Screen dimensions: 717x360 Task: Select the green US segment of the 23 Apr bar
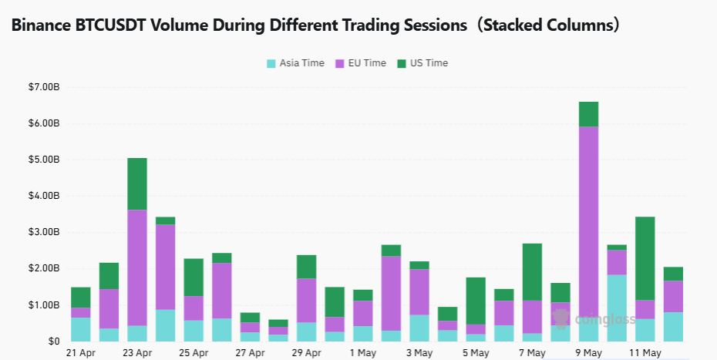coord(137,184)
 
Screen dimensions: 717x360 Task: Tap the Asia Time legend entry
coord(295,63)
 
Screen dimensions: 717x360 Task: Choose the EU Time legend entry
coord(361,63)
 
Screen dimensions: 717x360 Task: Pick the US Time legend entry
coord(422,63)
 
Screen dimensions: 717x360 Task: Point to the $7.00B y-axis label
coord(43,87)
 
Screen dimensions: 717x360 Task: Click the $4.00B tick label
coord(43,196)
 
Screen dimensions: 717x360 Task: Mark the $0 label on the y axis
coord(54,341)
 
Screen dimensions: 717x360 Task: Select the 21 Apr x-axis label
coord(80,353)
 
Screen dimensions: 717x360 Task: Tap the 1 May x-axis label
coord(362,353)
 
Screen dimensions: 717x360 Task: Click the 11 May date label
coord(645,353)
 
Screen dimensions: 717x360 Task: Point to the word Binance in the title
coord(41,25)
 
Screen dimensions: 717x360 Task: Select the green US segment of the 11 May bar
coord(645,258)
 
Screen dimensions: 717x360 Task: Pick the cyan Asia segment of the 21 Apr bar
coord(80,329)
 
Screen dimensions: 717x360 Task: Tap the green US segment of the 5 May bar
coord(476,301)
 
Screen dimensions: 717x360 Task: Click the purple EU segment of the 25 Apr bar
coord(194,308)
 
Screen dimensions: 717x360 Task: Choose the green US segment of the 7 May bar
coord(532,271)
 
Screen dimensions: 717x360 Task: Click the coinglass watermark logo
coord(594,318)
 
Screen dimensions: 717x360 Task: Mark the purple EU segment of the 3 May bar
coord(419,292)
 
